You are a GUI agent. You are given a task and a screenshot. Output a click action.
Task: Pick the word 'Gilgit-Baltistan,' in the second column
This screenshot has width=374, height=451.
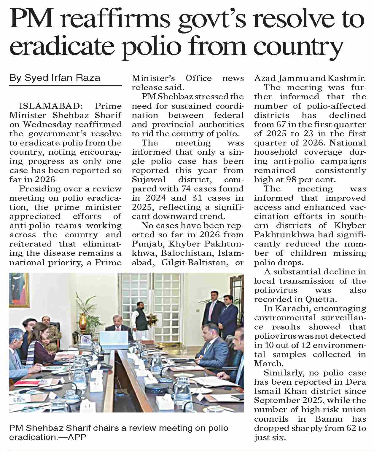coord(195,263)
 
